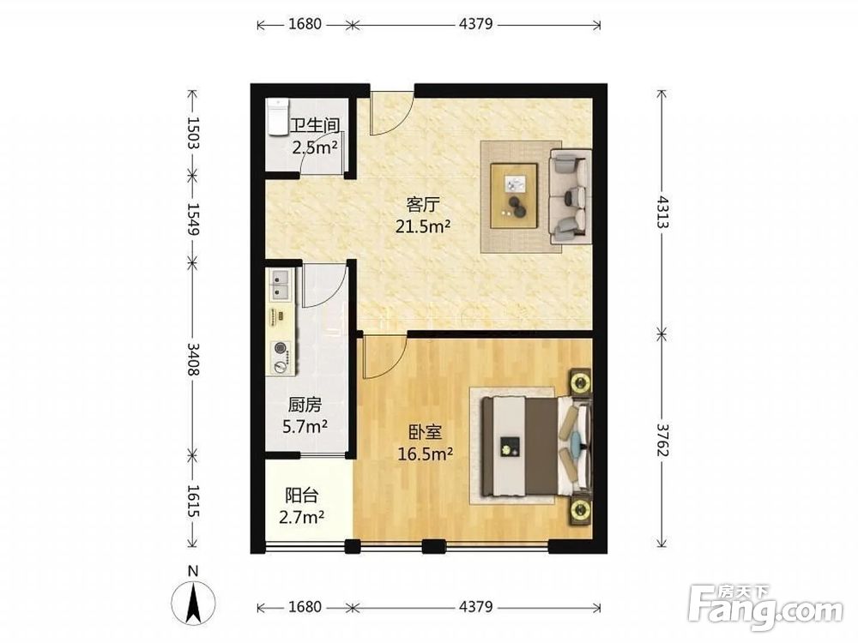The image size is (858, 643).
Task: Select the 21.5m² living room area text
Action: click(x=423, y=225)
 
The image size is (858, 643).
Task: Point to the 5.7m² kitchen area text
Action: click(x=305, y=426)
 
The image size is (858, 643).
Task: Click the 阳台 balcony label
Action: click(x=301, y=496)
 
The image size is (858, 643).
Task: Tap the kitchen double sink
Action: click(x=281, y=285)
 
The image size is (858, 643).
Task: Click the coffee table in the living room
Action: click(x=514, y=195)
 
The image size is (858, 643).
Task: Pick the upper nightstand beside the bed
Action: click(x=580, y=382)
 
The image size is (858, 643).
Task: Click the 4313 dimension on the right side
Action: click(x=662, y=212)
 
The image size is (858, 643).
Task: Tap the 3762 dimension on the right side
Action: click(x=662, y=440)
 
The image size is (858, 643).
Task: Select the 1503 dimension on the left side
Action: click(x=193, y=132)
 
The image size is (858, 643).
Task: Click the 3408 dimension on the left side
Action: click(x=193, y=358)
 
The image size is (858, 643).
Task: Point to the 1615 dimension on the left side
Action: click(x=193, y=501)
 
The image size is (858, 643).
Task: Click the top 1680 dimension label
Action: click(x=305, y=24)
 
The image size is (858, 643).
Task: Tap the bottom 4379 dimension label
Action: click(x=476, y=607)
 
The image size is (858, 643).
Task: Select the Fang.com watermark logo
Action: click(x=765, y=607)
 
